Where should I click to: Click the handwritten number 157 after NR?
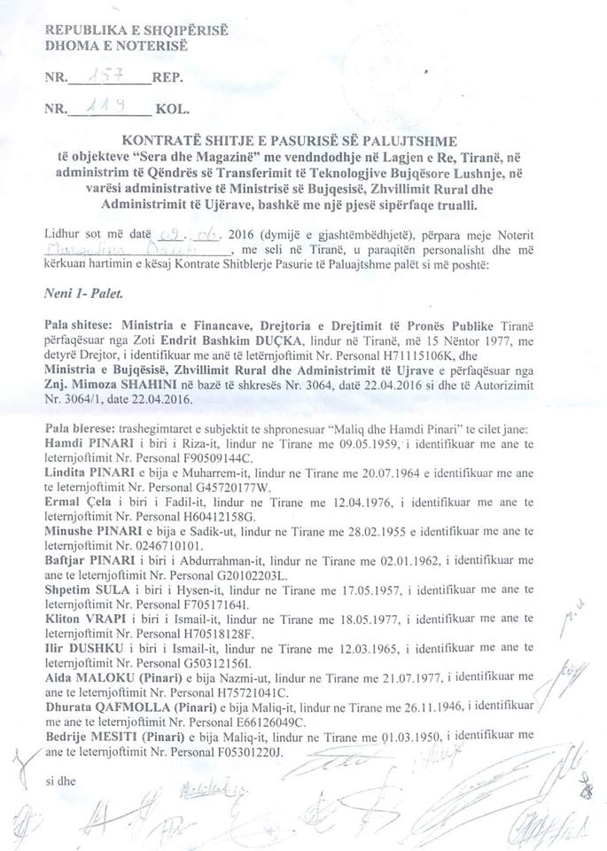[x=111, y=77]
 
